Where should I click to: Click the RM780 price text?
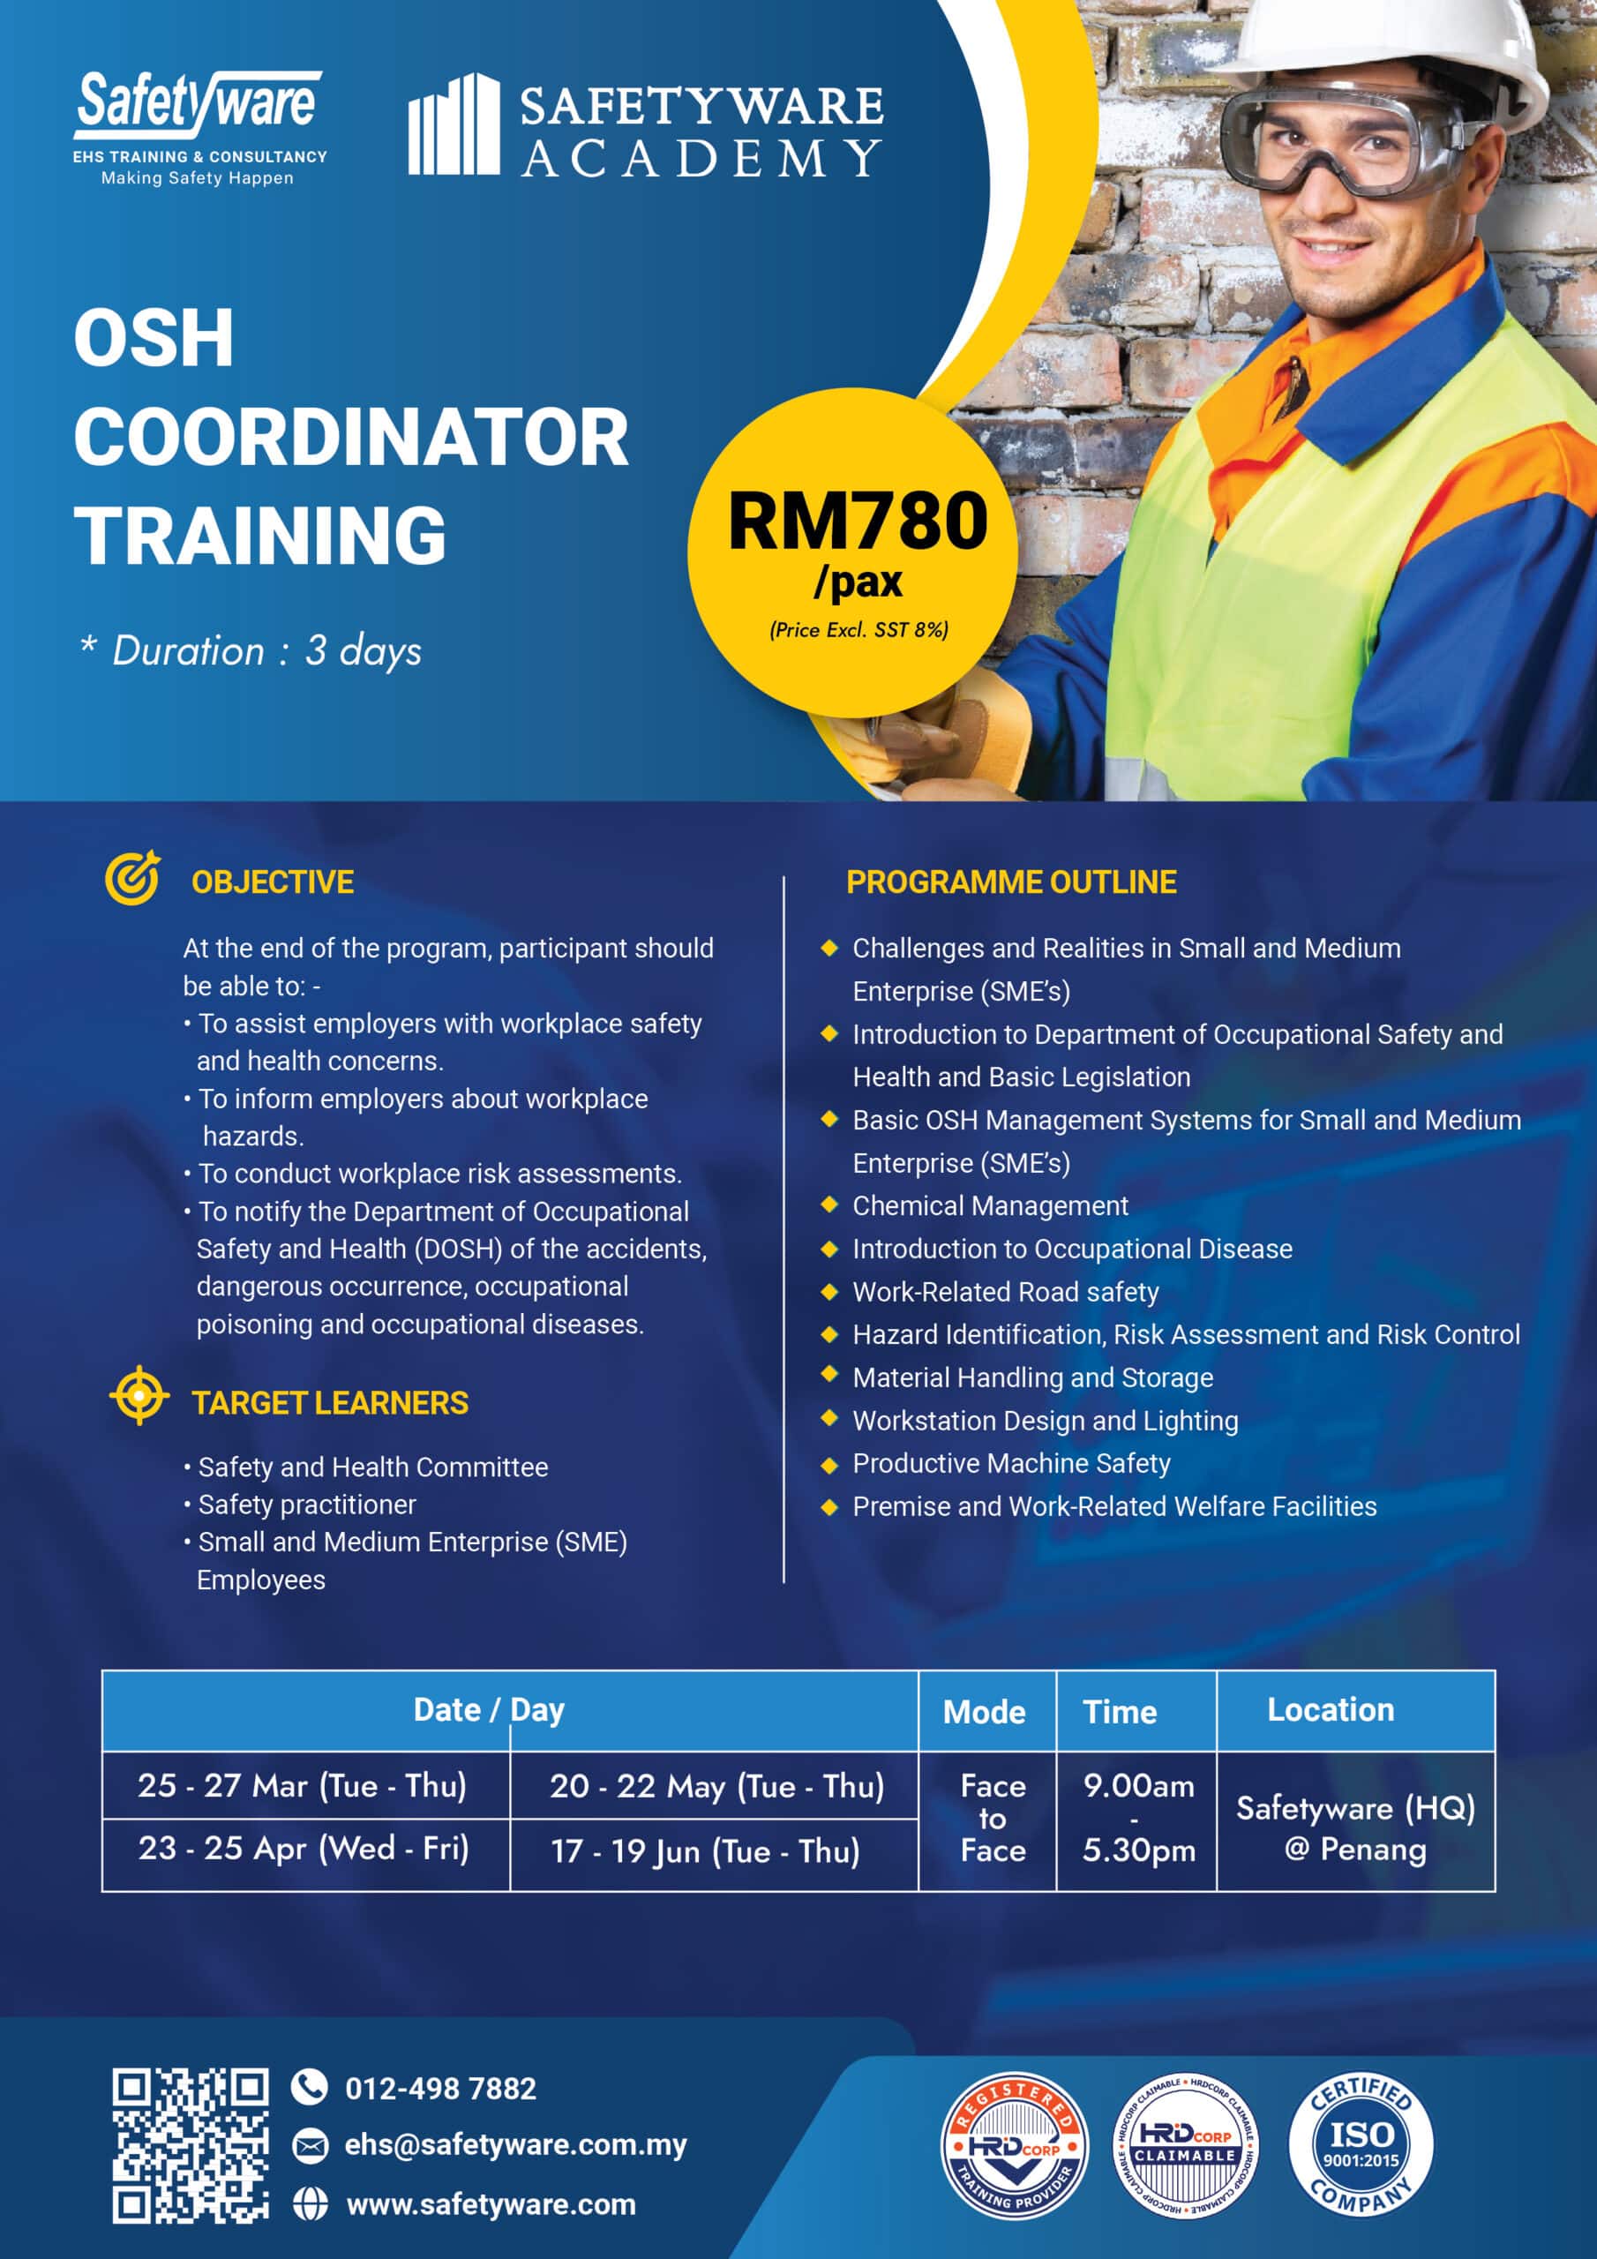click(x=857, y=522)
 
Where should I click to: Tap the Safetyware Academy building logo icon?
click(x=454, y=125)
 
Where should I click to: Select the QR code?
click(x=190, y=2145)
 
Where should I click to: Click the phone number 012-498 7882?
click(x=440, y=2088)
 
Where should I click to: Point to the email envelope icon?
click(x=310, y=2145)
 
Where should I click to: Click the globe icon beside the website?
click(x=310, y=2204)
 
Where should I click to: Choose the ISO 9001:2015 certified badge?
click(x=1360, y=2145)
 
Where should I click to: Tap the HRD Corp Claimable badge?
click(x=1186, y=2145)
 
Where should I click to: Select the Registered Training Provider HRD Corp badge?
click(x=1015, y=2145)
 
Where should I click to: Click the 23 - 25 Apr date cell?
click(x=304, y=1849)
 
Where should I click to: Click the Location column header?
click(x=1331, y=1710)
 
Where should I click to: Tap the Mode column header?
click(x=984, y=1712)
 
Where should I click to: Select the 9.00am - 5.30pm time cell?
click(x=1137, y=1818)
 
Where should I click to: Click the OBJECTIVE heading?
click(x=273, y=882)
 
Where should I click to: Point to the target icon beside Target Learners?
click(x=139, y=1394)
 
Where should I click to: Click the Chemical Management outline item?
click(x=990, y=1205)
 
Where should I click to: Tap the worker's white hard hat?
click(x=1377, y=44)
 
